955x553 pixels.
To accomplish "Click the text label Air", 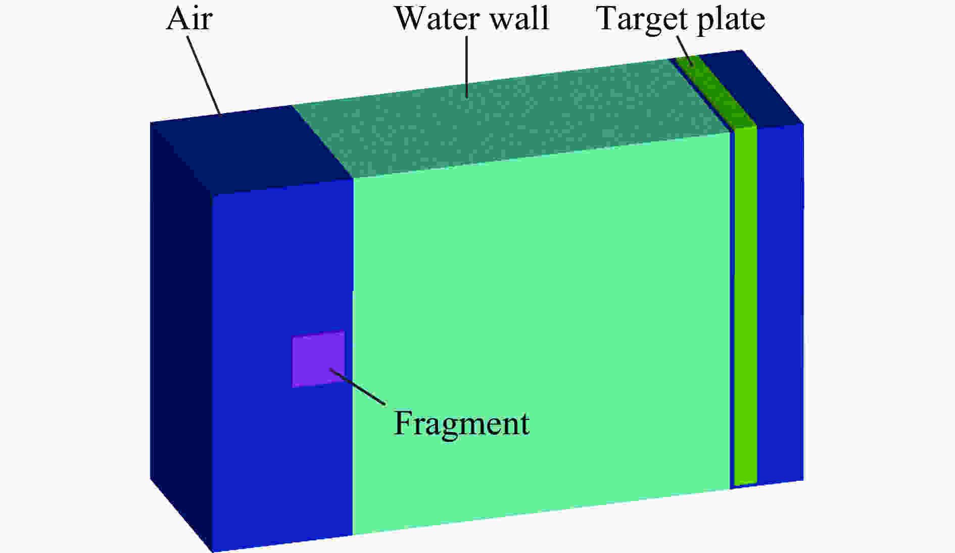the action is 189,20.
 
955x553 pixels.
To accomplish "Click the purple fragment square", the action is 318,360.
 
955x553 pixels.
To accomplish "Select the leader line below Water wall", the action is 466,66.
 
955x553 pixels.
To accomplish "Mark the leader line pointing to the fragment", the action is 358,387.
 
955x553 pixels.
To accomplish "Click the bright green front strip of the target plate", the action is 745,306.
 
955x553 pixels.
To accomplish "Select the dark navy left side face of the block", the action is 181,336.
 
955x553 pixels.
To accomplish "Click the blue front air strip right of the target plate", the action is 780,303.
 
